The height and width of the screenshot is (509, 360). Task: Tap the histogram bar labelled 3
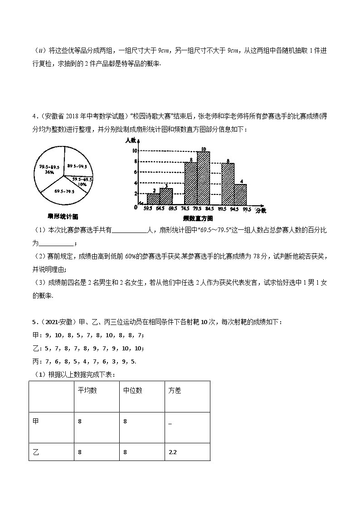[x=166, y=196]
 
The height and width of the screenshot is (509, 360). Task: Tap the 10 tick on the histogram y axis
[x=135, y=151]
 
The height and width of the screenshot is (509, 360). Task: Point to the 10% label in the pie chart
[x=82, y=184]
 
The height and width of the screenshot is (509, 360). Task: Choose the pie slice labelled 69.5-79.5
[x=64, y=192]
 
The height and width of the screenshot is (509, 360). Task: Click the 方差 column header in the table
[x=175, y=390]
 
